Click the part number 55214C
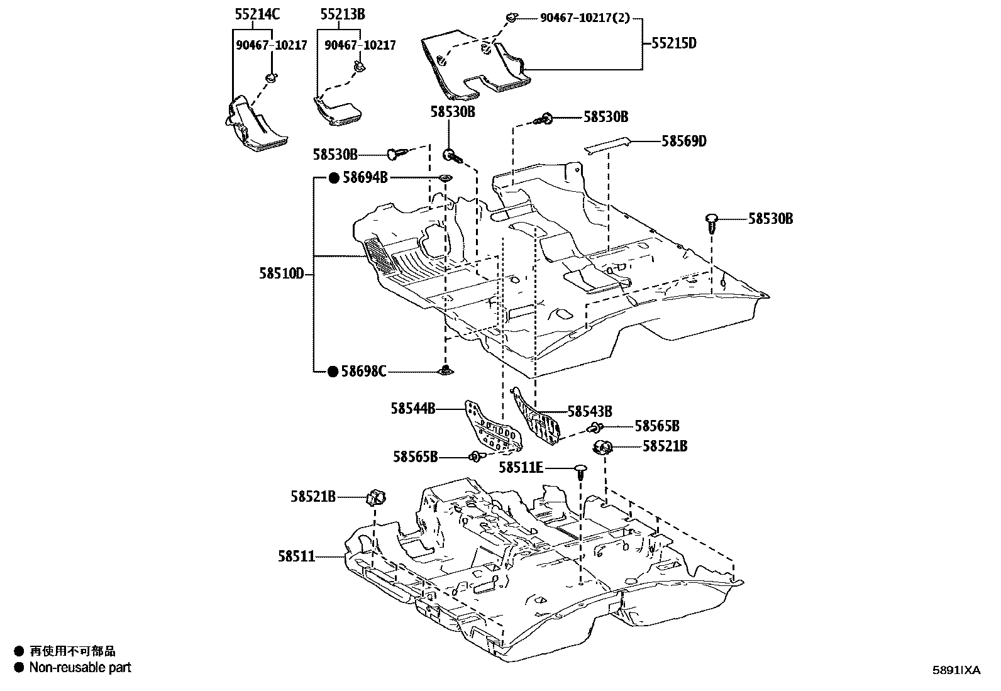coord(257,14)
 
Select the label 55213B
coord(342,14)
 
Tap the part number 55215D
coord(674,43)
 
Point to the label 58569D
coord(684,141)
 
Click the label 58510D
coord(282,274)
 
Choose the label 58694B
coord(365,178)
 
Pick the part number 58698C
coord(365,372)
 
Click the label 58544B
coord(413,409)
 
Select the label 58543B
coord(590,412)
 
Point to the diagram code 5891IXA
coord(956,670)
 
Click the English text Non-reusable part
coord(80,668)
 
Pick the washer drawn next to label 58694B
coord(445,179)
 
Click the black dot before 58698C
coord(333,372)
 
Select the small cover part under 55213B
coord(339,111)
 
